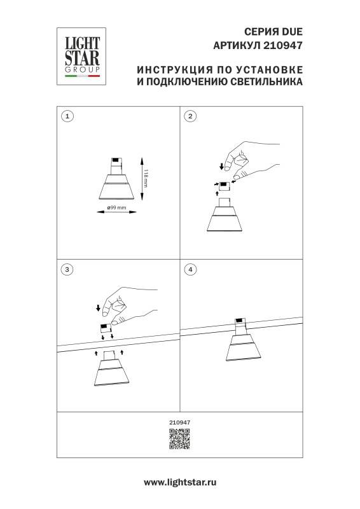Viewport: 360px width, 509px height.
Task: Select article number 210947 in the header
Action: (x=283, y=45)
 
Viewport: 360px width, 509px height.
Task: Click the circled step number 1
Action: (x=67, y=116)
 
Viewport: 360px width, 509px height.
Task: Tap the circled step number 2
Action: (x=191, y=116)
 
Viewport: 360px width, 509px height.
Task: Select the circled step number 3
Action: (x=67, y=269)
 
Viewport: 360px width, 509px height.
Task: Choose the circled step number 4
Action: (x=191, y=269)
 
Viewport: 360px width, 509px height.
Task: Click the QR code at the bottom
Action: (x=179, y=439)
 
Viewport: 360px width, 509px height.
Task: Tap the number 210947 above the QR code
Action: (x=180, y=421)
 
